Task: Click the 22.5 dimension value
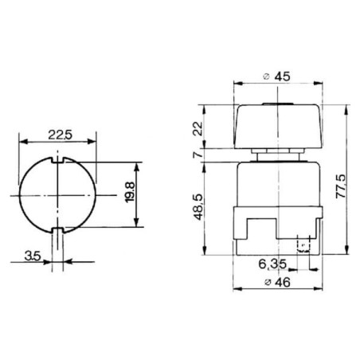coord(60,135)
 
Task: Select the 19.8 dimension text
coord(130,193)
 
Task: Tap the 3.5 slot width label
coord(33,256)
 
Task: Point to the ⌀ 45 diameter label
coord(277,76)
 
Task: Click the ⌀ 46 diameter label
coord(278,282)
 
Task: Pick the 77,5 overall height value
coord(341,186)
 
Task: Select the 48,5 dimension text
coord(199,207)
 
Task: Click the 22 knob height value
coord(198,129)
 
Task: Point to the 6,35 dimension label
coord(272,264)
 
